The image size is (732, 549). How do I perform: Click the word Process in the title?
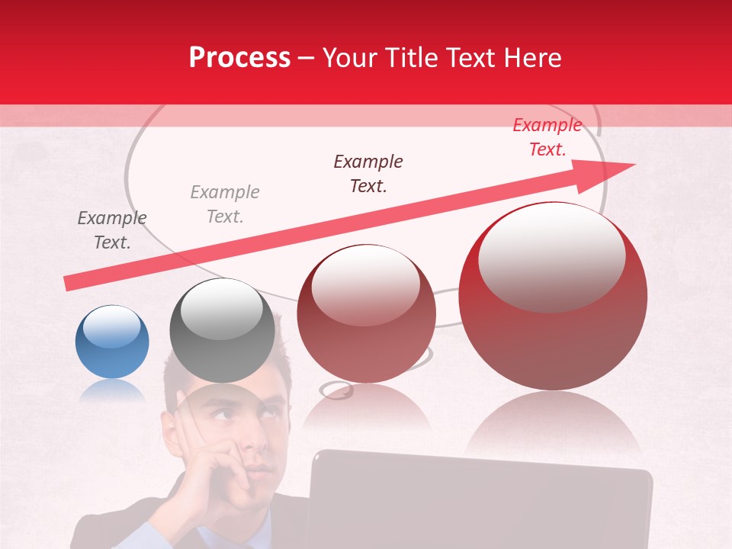tap(239, 58)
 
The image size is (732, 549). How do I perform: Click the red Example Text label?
tap(547, 137)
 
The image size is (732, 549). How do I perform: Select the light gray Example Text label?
tap(225, 204)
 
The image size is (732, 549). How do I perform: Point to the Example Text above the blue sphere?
tap(112, 230)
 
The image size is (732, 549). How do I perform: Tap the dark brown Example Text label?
tap(368, 173)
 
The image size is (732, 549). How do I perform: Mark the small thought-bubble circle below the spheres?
tap(335, 390)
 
